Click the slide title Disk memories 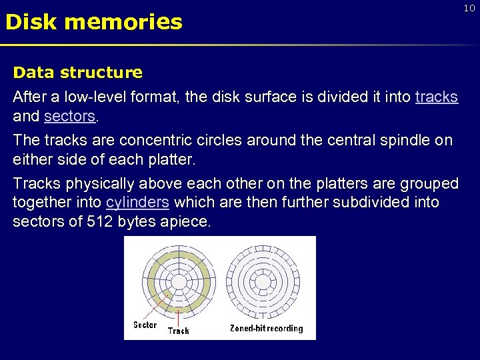[x=93, y=22]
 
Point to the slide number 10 [x=469, y=7]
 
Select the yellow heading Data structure [x=77, y=72]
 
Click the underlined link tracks [x=436, y=97]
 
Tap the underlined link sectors [x=70, y=117]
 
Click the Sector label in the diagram [x=145, y=325]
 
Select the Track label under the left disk [x=178, y=330]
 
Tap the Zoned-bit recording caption [x=266, y=328]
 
